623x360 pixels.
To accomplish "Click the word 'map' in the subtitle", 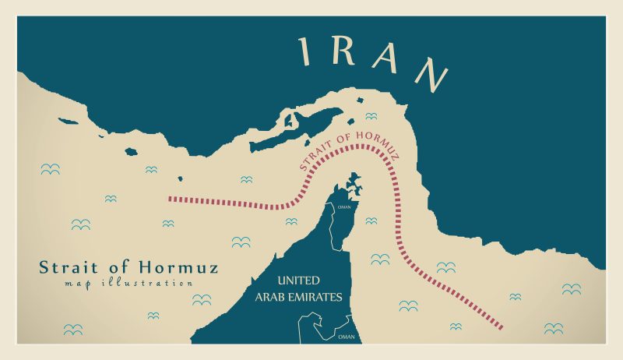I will tap(79, 283).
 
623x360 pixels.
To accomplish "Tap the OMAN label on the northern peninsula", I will tap(344, 207).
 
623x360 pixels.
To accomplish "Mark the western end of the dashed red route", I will tap(170, 199).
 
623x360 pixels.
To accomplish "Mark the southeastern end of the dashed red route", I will tap(501, 326).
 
